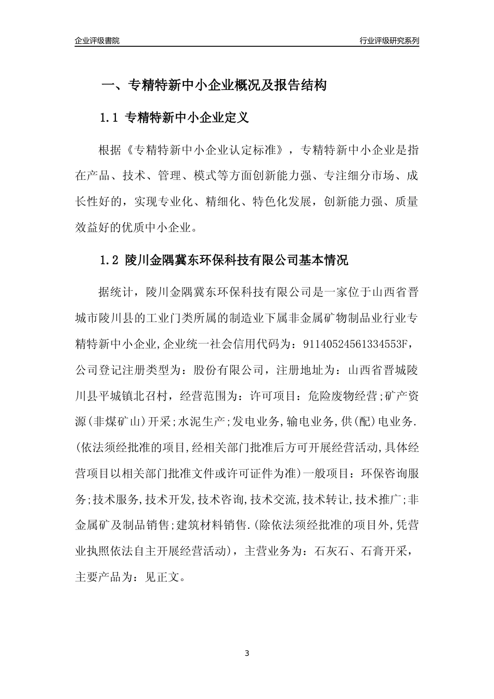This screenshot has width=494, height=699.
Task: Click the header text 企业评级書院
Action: [97, 41]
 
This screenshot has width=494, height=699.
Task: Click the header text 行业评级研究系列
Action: [389, 41]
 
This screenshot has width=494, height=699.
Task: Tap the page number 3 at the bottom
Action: [247, 653]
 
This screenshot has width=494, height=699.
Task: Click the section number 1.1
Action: [110, 118]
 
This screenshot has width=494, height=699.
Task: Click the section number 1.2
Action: [110, 260]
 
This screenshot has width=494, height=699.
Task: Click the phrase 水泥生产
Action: [201, 422]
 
